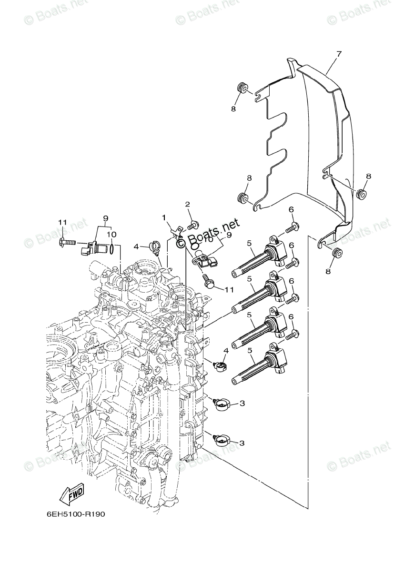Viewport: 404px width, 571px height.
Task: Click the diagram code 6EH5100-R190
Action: point(75,515)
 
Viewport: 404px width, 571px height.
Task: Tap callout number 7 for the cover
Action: point(339,54)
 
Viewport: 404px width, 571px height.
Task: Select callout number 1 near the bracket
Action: point(164,217)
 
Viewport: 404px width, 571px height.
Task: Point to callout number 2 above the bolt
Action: point(188,204)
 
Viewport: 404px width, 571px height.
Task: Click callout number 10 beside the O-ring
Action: point(111,234)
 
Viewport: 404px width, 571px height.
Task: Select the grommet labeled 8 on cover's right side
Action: point(361,193)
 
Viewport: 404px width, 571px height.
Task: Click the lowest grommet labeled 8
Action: point(336,252)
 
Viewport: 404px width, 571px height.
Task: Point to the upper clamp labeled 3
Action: point(222,404)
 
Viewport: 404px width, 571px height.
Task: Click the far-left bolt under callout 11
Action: point(67,243)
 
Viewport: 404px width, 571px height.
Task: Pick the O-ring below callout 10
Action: point(111,248)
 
